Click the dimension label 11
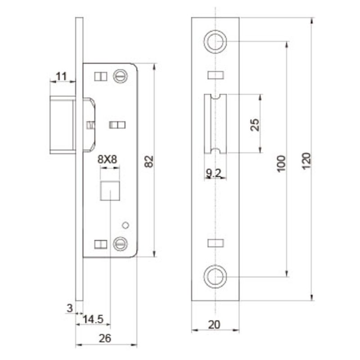[62, 76]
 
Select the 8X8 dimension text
[108, 159]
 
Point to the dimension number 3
[69, 308]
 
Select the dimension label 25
[255, 125]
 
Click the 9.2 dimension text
[213, 173]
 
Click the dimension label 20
[215, 324]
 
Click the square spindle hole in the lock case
[110, 191]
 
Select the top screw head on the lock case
[120, 76]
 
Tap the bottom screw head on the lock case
[120, 243]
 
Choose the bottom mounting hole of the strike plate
[215, 276]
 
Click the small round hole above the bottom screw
[126, 225]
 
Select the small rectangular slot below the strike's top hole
[215, 75]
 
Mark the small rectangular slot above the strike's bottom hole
[215, 243]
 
